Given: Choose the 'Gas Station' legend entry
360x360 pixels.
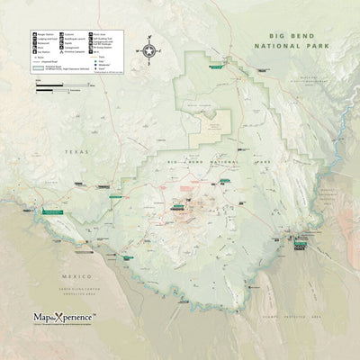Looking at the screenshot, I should (x=43, y=52).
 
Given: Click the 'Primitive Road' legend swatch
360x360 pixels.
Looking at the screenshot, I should (x=40, y=68).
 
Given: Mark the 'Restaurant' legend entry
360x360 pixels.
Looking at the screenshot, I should (x=43, y=43).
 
